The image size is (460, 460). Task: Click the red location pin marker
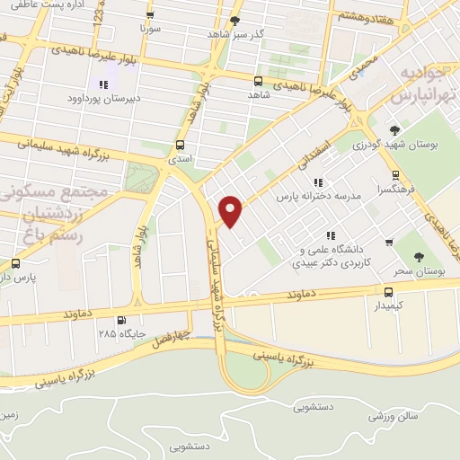[231, 211]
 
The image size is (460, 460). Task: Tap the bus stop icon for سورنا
[149, 16]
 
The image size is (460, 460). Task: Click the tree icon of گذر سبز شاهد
[235, 21]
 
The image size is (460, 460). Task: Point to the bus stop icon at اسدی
[181, 144]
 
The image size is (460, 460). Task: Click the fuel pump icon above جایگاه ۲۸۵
[121, 320]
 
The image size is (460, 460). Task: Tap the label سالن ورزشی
[394, 418]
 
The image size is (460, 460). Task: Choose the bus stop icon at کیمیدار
[389, 292]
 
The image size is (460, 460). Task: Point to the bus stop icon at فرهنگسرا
[395, 176]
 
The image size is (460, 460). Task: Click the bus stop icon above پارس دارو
[15, 263]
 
